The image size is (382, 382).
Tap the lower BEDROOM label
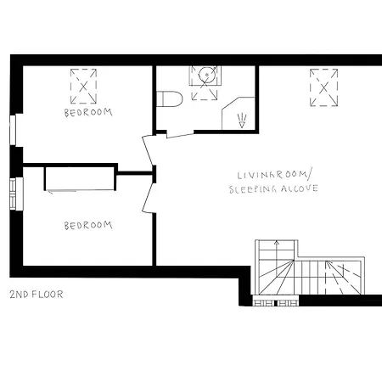pyautogui.click(x=87, y=225)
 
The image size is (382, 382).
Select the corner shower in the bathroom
pyautogui.click(x=238, y=115)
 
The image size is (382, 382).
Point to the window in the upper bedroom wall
pyautogui.click(x=12, y=129)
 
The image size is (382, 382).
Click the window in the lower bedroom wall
pyautogui.click(x=12, y=194)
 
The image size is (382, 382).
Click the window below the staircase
pyautogui.click(x=278, y=301)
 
